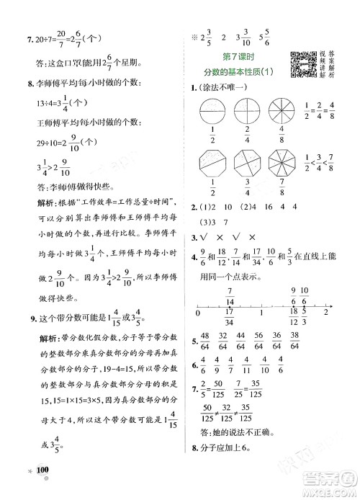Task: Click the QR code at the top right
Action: [x=301, y=64]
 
